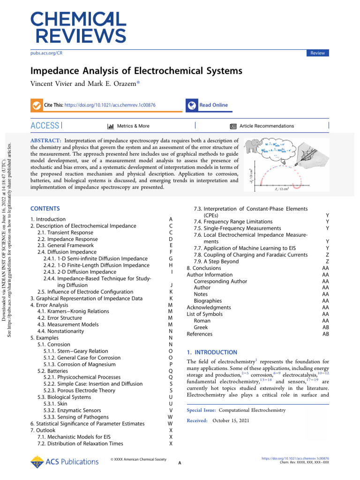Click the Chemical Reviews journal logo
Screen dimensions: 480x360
click(78, 28)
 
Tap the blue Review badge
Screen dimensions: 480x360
click(317, 53)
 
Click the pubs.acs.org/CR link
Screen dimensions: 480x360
click(46, 53)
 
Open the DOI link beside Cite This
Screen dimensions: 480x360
click(110, 105)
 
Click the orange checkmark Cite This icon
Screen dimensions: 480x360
click(36, 105)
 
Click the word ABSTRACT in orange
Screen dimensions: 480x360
click(45, 140)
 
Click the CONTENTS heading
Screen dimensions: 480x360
click(45, 208)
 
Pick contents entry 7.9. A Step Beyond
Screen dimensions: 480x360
click(216, 261)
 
